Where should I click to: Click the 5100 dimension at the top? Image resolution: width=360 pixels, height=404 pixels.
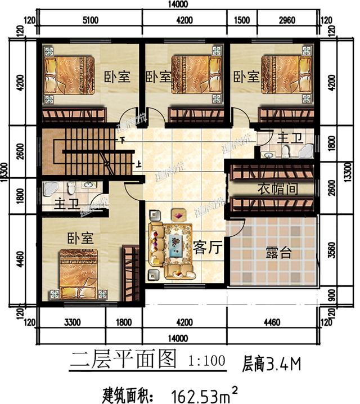[x=90, y=21]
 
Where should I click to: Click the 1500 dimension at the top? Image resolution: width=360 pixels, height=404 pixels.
[x=241, y=21]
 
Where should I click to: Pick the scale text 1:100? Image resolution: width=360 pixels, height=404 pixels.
[x=208, y=358]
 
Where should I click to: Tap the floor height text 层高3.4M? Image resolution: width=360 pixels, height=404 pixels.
[x=272, y=363]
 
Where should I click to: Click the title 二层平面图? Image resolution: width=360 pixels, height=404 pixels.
[x=123, y=358]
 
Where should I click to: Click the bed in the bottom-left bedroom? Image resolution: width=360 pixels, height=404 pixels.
[x=79, y=273]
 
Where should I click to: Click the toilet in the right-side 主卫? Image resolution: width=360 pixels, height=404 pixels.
[x=285, y=150]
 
